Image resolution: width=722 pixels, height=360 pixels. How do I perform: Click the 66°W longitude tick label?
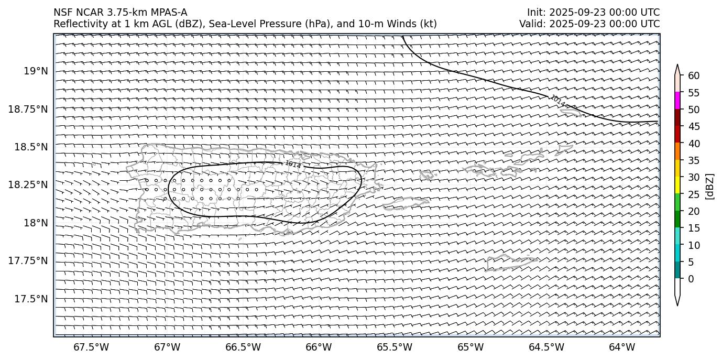pos(319,347)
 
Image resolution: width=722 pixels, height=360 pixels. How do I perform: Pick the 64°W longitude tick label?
pos(622,347)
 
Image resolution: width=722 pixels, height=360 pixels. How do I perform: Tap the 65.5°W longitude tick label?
pos(394,347)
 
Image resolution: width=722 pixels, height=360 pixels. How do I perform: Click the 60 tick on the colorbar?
pos(694,76)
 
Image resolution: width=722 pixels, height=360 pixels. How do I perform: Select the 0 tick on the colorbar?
pos(691,279)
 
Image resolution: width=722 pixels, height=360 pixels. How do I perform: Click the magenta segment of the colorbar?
pos(677,101)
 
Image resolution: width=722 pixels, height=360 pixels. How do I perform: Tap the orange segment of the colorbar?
pos(677,152)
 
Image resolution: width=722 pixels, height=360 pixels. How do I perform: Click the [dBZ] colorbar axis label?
pos(710,186)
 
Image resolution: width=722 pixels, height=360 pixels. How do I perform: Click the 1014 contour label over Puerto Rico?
pos(293,165)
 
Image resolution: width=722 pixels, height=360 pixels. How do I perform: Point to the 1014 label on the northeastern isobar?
pos(557,101)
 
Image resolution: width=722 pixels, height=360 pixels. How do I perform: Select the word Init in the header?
pos(535,13)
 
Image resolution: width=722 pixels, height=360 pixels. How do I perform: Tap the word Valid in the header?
pos(530,24)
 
